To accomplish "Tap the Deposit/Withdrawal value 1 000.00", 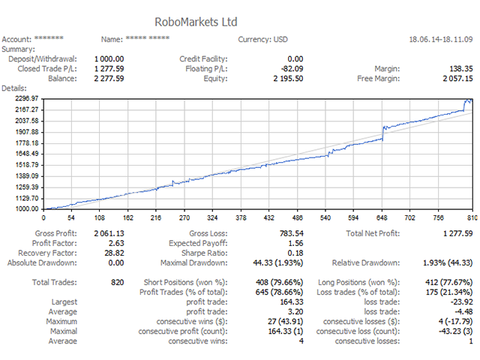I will pos(109,58).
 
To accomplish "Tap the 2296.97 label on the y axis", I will pos(26,98).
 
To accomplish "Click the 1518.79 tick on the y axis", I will pos(26,165).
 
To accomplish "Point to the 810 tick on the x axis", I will pos(468,218).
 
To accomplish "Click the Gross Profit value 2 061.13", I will pos(109,234).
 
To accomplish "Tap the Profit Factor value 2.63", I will pos(115,244).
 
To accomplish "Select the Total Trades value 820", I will pos(117,283).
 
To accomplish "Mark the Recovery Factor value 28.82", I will pos(113,253).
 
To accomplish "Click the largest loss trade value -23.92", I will pos(460,302).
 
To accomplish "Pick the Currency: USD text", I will pos(266,39).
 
